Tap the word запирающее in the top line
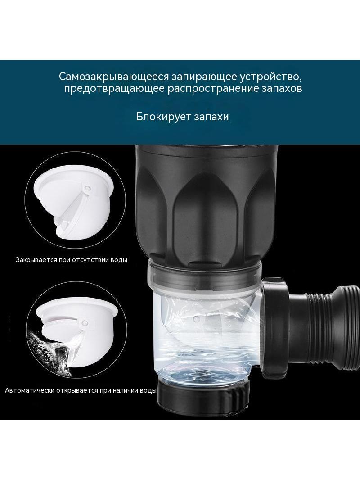[204, 77]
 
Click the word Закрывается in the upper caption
[36, 260]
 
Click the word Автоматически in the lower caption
[30, 390]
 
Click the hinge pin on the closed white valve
[88, 187]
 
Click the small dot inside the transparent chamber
[197, 319]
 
